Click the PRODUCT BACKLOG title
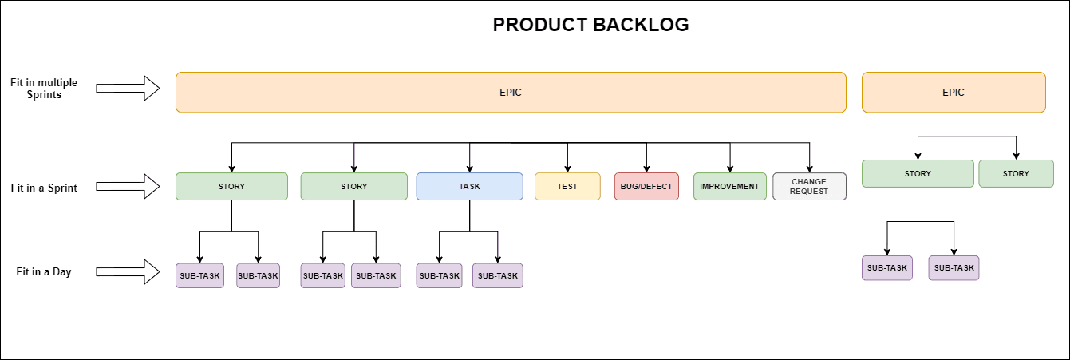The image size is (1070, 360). click(x=590, y=25)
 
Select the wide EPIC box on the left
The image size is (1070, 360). click(x=511, y=92)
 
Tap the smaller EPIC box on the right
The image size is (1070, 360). click(x=953, y=92)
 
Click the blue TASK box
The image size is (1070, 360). click(x=469, y=186)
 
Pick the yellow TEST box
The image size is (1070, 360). click(x=567, y=186)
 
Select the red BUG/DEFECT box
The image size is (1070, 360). click(x=646, y=186)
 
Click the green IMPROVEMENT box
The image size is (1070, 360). click(x=729, y=186)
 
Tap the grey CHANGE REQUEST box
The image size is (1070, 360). click(x=809, y=186)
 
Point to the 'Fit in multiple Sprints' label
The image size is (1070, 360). click(x=44, y=89)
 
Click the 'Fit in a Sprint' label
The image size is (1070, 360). click(x=44, y=188)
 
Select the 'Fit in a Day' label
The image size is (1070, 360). click(x=44, y=272)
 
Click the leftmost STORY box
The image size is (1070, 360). click(x=231, y=186)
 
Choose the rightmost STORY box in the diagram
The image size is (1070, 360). click(x=1016, y=173)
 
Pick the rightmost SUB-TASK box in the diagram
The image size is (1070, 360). click(x=954, y=267)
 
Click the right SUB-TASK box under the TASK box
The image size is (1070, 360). click(x=498, y=275)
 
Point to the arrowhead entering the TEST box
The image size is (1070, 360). click(x=567, y=168)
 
